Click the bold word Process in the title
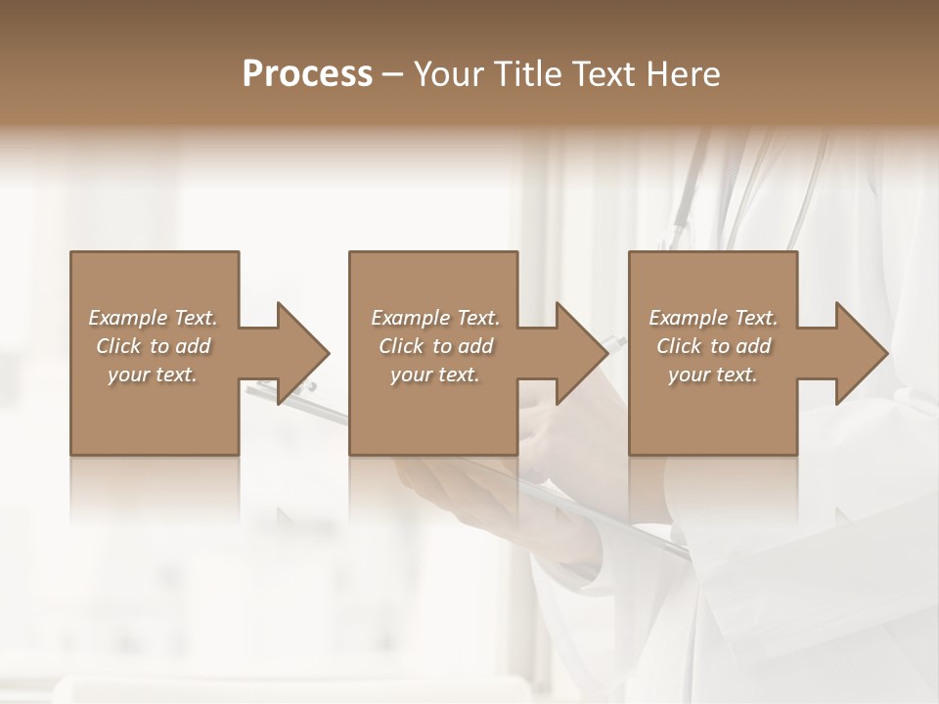click(307, 73)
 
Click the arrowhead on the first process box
click(299, 353)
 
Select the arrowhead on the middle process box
click(579, 353)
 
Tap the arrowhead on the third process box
click(859, 353)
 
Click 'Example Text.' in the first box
click(153, 318)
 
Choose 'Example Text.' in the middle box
click(435, 318)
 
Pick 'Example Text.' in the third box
click(713, 318)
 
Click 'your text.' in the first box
click(153, 374)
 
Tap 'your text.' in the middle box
click(435, 374)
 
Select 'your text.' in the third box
click(713, 374)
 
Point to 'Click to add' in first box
click(153, 346)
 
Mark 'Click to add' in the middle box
click(435, 346)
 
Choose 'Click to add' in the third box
click(713, 346)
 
